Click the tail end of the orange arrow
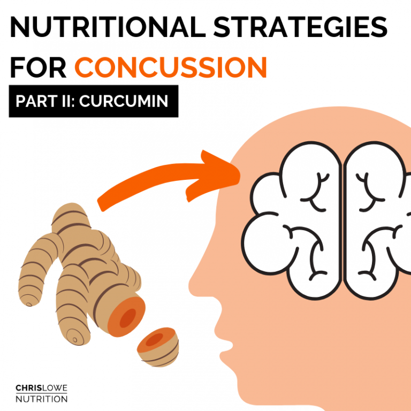(103, 202)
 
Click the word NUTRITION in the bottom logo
(41, 399)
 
